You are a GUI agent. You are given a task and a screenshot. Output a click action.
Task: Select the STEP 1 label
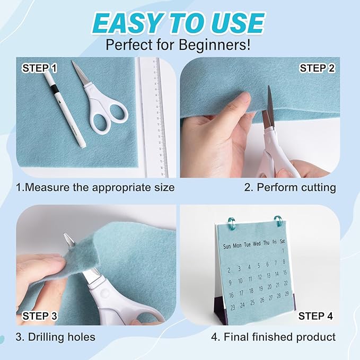(40, 68)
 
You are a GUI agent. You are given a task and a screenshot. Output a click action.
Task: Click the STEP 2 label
(317, 68)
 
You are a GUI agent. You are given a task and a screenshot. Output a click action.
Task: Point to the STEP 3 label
(40, 316)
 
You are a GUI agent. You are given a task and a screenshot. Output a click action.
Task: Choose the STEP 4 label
(316, 316)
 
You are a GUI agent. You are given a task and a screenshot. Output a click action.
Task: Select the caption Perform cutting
(290, 187)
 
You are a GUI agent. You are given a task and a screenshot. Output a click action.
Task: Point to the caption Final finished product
(274, 337)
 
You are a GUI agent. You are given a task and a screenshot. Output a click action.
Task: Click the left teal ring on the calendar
(231, 222)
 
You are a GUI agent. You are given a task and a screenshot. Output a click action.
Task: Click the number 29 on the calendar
(287, 294)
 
